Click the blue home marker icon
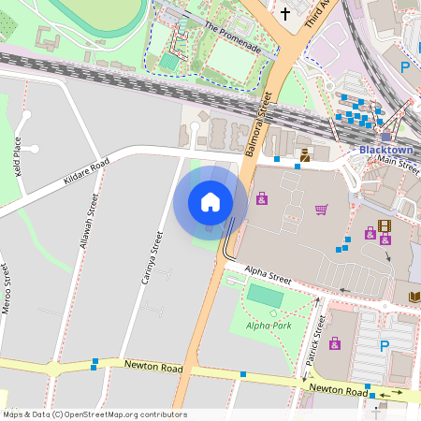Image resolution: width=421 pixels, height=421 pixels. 210,202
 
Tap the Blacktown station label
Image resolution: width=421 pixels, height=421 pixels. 385,150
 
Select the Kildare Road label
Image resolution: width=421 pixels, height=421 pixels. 87,170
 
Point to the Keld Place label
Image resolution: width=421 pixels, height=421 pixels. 17,158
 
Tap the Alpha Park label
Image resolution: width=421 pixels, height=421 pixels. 269,326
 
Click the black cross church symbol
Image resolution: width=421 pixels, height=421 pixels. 285,13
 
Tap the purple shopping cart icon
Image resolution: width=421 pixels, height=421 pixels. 322,209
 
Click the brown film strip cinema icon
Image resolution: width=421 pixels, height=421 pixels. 384,225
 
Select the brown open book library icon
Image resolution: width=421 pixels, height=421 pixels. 414,297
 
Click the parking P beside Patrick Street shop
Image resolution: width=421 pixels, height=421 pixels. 384,346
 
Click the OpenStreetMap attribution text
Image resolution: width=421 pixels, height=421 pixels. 94,414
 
